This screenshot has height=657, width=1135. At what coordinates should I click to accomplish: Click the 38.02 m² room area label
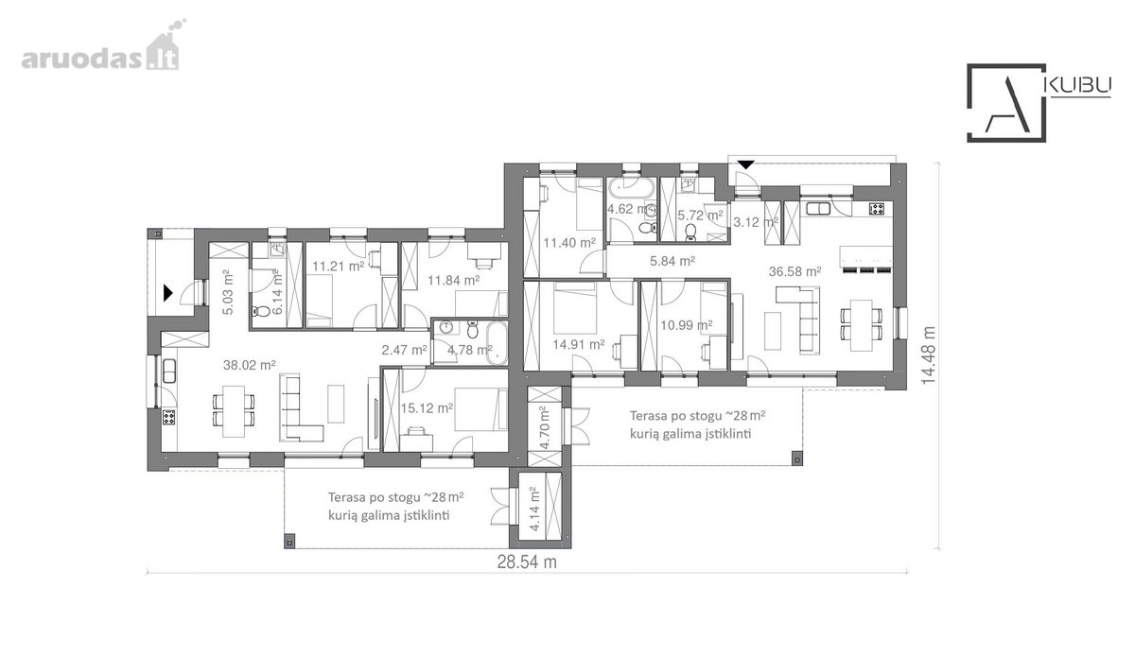point(250,365)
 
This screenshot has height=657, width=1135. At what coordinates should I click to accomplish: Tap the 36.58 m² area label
point(795,271)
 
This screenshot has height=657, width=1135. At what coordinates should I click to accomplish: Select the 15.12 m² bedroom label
point(428,407)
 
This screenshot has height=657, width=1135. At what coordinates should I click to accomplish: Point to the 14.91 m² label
point(579,344)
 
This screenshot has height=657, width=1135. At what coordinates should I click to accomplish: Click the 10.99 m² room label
point(687,324)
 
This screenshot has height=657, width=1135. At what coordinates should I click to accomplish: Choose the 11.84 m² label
point(454,280)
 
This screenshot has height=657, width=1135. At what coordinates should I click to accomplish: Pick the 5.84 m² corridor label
point(672,261)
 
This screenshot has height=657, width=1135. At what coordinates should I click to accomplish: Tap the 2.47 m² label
point(405,350)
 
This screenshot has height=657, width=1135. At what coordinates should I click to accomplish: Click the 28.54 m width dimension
point(527,562)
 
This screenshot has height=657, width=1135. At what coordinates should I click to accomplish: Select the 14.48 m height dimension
point(928,355)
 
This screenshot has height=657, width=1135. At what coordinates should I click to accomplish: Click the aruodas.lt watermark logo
point(100,50)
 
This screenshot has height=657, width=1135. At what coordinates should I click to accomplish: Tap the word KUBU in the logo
point(1079,86)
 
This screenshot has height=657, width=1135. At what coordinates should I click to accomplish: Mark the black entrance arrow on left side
point(167,293)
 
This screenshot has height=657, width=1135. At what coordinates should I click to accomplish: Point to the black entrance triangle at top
point(746,164)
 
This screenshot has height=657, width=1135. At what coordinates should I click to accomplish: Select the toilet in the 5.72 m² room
point(690,232)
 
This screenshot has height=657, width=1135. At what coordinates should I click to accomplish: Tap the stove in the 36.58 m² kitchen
point(877,209)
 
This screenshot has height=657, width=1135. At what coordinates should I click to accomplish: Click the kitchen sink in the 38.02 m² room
point(168,371)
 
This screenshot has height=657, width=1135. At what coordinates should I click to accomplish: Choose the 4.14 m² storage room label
point(533,510)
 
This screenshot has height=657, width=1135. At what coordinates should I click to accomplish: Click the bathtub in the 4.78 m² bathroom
point(497,343)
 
